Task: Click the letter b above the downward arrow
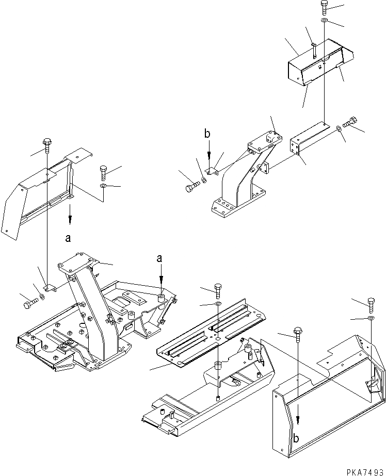[x=207, y=134]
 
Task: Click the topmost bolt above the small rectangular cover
[x=324, y=6]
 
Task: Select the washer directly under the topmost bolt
[x=324, y=21]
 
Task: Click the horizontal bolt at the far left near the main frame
[x=29, y=304]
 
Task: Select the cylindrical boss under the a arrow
[x=161, y=299]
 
